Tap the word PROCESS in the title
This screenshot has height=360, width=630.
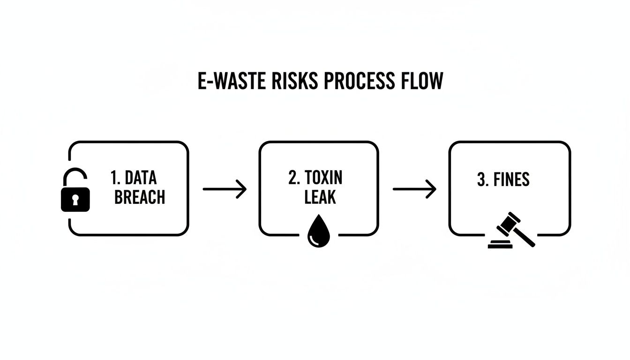pos(359,81)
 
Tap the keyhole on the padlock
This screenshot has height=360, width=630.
pos(75,200)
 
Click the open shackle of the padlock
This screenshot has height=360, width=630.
pos(75,177)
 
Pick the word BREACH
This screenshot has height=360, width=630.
pos(140,197)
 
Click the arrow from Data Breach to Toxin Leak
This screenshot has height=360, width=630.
pos(225,189)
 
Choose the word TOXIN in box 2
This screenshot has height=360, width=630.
pos(323,178)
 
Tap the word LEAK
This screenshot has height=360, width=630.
pos(320,197)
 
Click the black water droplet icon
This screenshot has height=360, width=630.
pos(319,233)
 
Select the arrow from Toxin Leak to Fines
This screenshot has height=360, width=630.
pos(414,189)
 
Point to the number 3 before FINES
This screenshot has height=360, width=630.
pos(481,180)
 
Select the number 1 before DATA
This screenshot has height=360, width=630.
pos(115,178)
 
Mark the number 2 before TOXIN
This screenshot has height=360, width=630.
pos(293,178)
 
